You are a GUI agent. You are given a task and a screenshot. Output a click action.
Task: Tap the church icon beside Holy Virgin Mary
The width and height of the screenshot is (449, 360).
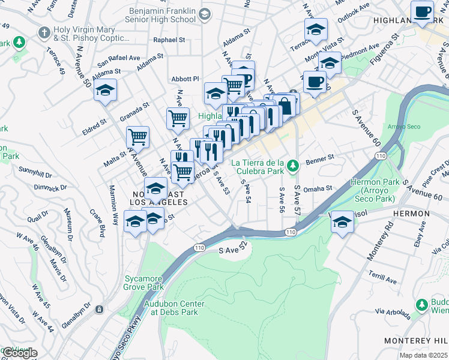pyautogui.click(x=44, y=31)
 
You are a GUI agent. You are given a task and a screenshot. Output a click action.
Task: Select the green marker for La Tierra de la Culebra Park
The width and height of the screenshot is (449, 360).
pyautogui.click(x=292, y=164)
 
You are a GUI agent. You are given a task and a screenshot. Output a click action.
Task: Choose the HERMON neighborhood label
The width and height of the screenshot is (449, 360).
pyautogui.click(x=411, y=214)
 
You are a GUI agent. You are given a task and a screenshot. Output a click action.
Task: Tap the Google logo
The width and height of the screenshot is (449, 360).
pyautogui.click(x=19, y=353)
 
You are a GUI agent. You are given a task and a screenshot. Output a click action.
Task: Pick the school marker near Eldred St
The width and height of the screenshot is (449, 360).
pyautogui.click(x=105, y=90)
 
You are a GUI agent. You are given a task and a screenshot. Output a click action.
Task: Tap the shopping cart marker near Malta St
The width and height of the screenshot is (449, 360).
pyautogui.click(x=138, y=137)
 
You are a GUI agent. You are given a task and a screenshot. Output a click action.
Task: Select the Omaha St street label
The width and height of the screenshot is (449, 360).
pyautogui.click(x=318, y=188)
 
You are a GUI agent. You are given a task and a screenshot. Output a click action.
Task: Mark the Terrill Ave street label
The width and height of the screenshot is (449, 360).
pyautogui.click(x=383, y=279)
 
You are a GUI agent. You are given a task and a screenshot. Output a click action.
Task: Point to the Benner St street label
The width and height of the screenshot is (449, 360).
pyautogui.click(x=319, y=159)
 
